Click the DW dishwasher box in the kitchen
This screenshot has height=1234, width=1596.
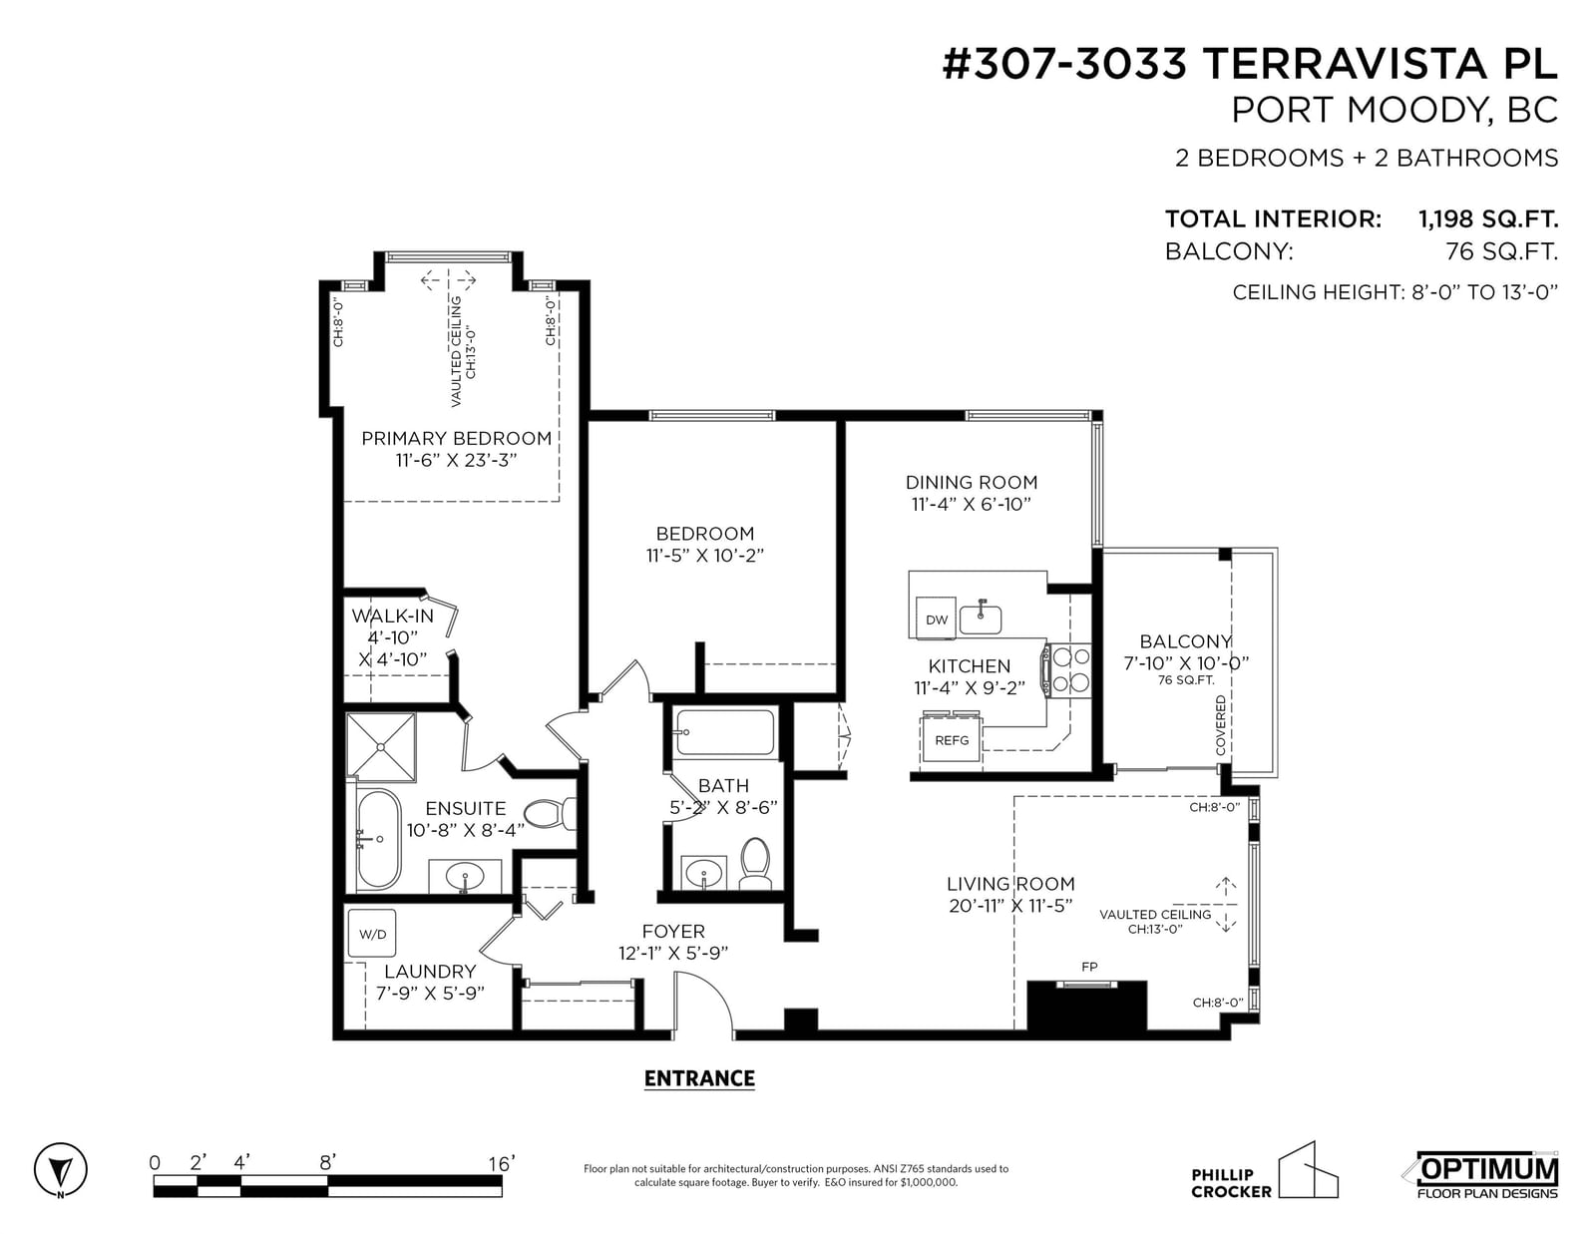click(936, 618)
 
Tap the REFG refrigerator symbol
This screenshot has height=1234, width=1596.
click(952, 739)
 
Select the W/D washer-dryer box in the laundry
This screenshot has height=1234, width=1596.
click(372, 933)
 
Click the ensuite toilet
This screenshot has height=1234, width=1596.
click(549, 814)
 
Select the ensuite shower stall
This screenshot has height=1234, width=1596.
click(381, 746)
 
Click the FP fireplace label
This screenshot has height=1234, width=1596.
click(1089, 967)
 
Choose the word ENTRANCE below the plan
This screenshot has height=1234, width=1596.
click(699, 1078)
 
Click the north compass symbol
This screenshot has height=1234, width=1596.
click(60, 1168)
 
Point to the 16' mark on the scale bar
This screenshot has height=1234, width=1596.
click(502, 1163)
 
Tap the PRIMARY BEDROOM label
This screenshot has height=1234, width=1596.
click(456, 439)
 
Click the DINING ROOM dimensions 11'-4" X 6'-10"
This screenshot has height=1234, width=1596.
click(971, 504)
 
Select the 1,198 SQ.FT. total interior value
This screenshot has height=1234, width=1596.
click(1487, 218)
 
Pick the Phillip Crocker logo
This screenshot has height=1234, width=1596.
click(1264, 1172)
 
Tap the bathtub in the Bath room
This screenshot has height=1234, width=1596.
click(724, 731)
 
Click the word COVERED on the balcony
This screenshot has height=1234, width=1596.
click(1221, 725)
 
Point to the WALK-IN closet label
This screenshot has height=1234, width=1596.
click(393, 616)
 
